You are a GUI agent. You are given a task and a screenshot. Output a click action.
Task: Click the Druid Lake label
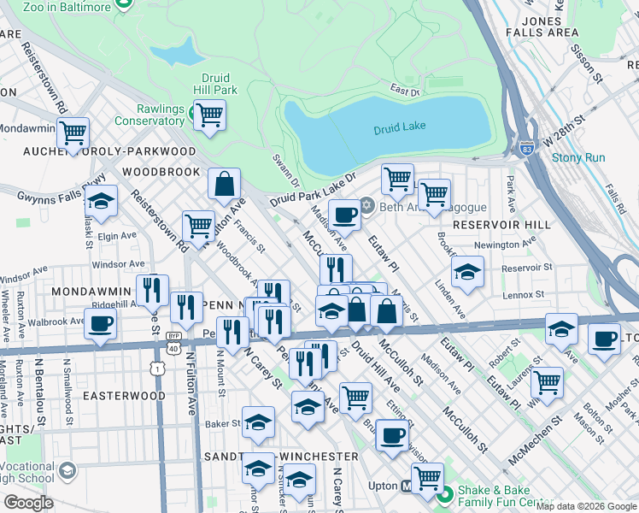(399, 127)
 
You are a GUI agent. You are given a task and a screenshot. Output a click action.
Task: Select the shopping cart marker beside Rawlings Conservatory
(209, 115)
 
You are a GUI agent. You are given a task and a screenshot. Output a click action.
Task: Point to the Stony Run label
(577, 157)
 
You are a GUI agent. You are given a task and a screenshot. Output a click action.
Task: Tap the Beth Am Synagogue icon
(367, 205)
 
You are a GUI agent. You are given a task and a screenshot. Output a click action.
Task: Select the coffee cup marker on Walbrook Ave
(101, 325)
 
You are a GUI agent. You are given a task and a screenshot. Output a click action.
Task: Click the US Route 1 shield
(157, 368)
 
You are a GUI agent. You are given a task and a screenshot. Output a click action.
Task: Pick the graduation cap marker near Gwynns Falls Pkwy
(102, 202)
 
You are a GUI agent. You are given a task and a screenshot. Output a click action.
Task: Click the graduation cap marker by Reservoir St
(467, 273)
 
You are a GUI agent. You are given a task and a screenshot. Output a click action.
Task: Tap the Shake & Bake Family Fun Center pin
(443, 494)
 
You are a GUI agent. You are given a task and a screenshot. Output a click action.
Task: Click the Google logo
(28, 503)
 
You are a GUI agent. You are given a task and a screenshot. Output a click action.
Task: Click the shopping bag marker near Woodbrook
(224, 184)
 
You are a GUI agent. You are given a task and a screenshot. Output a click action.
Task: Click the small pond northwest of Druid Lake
(177, 53)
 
